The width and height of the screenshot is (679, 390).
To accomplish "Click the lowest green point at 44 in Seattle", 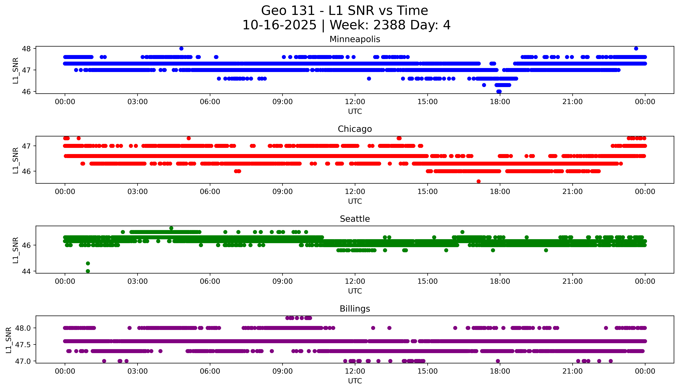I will (88, 271).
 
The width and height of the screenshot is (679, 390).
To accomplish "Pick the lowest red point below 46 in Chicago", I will (479, 181).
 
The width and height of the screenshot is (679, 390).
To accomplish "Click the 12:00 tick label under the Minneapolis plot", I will (355, 102).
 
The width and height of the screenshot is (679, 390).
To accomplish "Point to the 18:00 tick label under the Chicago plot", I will (500, 191).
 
